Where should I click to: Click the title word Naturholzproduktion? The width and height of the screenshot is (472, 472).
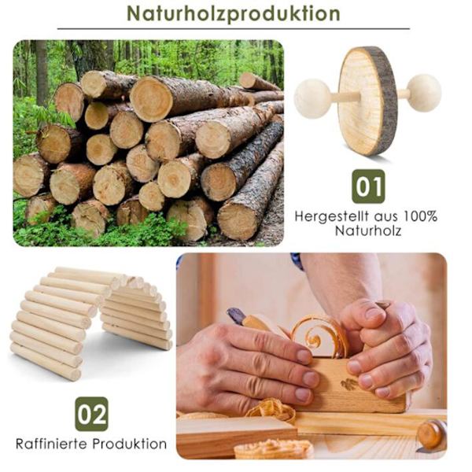234,13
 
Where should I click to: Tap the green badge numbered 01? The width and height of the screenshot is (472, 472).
368,186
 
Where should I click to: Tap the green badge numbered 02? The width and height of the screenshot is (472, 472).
91,414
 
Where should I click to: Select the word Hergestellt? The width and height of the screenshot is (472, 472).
332,216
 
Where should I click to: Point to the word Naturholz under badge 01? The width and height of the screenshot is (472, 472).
368,230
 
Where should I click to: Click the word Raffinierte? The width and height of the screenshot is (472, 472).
52,444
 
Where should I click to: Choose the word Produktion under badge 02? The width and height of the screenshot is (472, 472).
130,444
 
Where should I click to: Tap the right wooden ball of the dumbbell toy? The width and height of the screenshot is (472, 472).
424,93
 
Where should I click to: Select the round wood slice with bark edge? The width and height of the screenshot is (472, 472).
368,101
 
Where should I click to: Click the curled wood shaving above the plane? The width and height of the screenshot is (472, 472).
319,336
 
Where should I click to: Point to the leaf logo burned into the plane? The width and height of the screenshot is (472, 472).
349,384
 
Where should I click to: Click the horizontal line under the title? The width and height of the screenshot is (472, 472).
234,29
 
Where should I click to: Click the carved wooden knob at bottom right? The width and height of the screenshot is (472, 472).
432,435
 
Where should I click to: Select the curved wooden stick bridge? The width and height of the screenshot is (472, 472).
90,322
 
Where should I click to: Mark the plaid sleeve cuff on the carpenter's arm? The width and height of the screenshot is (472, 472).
297,260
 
